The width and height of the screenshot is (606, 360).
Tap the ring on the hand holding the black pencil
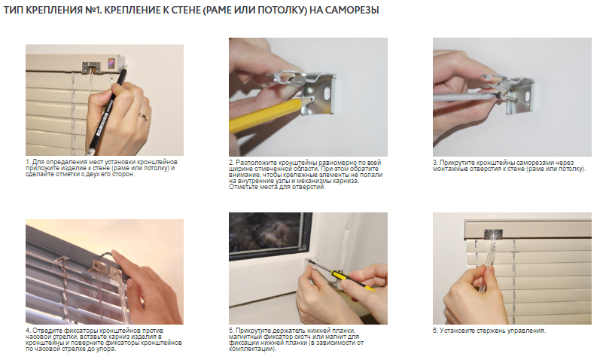tap(143, 117)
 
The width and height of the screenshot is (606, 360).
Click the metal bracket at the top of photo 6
tap(493, 233)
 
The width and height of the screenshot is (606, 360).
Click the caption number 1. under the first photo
tap(28, 162)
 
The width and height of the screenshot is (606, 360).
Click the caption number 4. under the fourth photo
tap(28, 331)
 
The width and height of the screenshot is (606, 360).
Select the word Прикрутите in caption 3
tap(458, 163)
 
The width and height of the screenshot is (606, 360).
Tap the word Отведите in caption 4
tap(46, 331)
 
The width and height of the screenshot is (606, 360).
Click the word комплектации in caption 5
tap(252, 349)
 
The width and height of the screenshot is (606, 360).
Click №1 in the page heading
tap(93, 10)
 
